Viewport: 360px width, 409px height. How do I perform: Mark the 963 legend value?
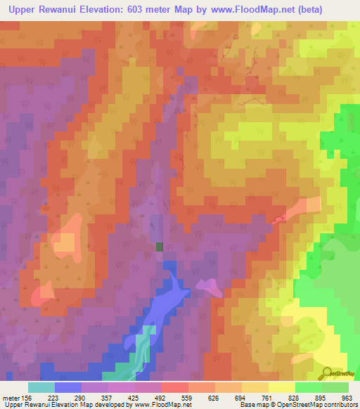tap(347, 397)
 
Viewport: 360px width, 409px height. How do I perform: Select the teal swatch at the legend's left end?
tap(41, 387)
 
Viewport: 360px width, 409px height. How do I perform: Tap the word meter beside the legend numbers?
tap(12, 397)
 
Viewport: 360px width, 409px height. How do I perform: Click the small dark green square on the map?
tap(160, 247)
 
